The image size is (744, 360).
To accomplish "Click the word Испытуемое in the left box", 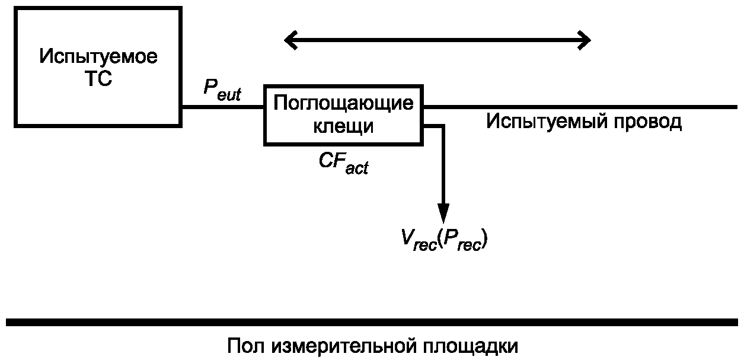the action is [x=98, y=57].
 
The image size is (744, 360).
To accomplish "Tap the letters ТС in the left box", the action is [x=98, y=78].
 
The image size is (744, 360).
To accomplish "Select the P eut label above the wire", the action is [x=222, y=90].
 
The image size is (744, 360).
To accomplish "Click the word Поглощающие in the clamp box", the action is [x=343, y=103].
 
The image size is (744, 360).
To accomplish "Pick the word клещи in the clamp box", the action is [x=343, y=126].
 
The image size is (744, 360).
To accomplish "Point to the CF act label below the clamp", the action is [x=343, y=163].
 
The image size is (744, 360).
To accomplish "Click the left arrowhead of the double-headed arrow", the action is [x=290, y=40].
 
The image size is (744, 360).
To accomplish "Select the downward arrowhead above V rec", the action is [x=443, y=213].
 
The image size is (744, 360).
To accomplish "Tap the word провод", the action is [x=648, y=122].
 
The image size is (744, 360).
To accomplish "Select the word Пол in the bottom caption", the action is [x=246, y=346].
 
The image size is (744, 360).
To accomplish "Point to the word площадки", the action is [x=470, y=347].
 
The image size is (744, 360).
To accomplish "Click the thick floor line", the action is [x=372, y=322].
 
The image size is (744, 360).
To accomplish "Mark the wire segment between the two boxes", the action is [x=223, y=107].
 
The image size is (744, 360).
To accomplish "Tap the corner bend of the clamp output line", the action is [x=443, y=126].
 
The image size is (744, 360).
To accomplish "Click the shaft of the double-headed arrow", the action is [x=438, y=40].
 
